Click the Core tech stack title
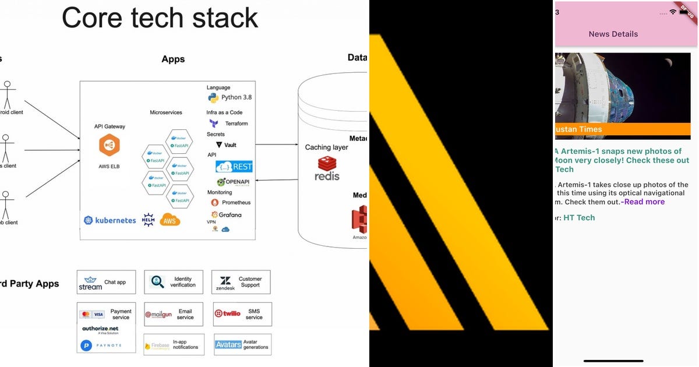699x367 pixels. tap(160, 17)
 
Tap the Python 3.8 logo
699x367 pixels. tap(213, 97)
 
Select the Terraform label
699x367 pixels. tap(236, 123)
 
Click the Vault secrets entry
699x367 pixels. tap(227, 145)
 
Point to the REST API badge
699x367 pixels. tap(234, 167)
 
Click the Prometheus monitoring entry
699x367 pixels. tap(231, 203)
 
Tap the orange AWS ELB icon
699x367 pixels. tap(109, 145)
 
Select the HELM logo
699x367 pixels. tap(148, 220)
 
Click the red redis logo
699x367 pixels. tap(327, 168)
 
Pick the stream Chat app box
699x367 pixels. tap(106, 282)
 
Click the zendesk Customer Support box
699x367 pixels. tap(241, 282)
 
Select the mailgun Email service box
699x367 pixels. tap(174, 314)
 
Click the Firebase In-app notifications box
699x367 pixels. tap(174, 344)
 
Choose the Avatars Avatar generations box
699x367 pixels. tap(242, 344)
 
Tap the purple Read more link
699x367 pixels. tap(644, 202)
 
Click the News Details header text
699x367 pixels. tap(613, 34)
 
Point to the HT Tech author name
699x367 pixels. tap(579, 217)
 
